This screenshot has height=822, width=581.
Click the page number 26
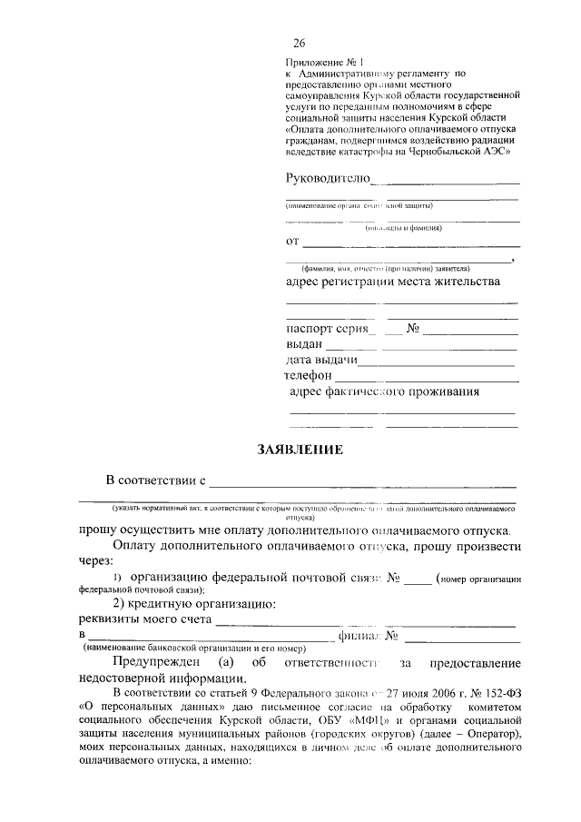[300, 43]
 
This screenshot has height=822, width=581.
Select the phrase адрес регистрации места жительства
[392, 282]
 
